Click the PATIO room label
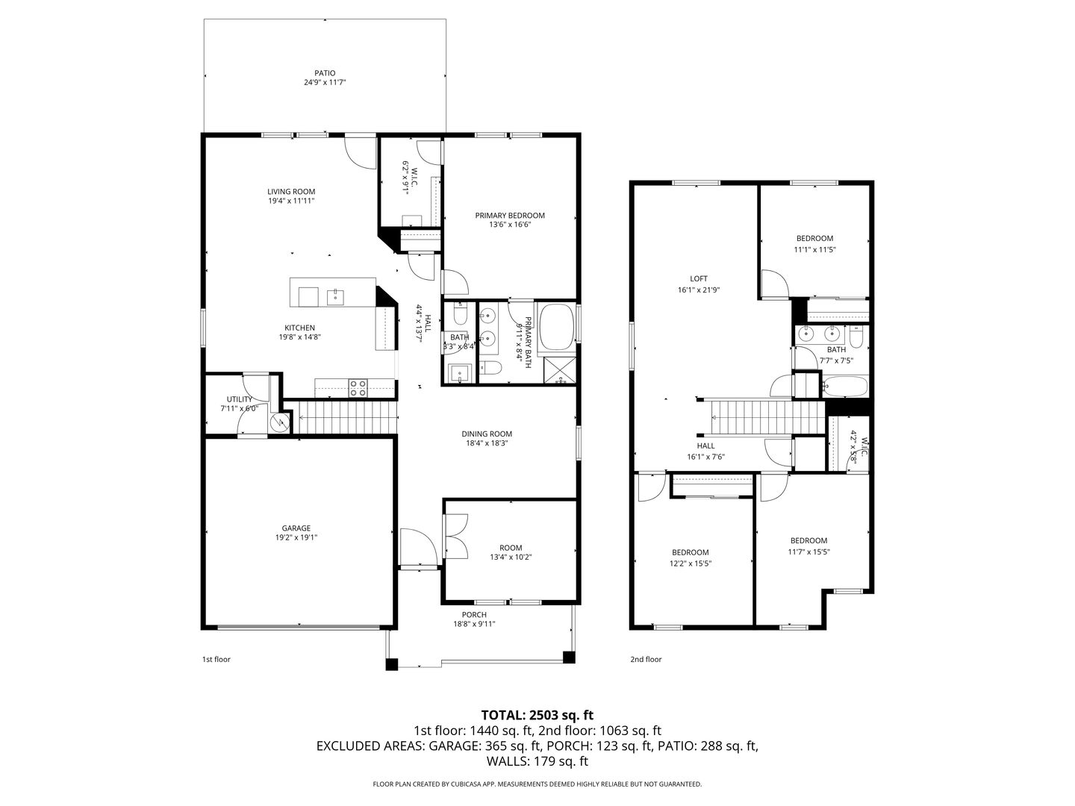(x=325, y=73)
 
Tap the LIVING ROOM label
(x=291, y=192)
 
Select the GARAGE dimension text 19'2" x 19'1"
(x=296, y=537)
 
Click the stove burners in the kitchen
(x=358, y=387)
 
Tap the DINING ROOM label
(x=487, y=434)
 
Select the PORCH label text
(x=474, y=615)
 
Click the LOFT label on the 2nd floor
(x=699, y=279)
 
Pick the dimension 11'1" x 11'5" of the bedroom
(x=814, y=249)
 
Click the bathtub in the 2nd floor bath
(x=845, y=386)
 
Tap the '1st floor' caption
(x=216, y=659)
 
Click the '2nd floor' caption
(x=646, y=659)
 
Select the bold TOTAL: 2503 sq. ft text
(x=537, y=715)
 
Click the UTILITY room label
(x=240, y=399)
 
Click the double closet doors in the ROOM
(x=455, y=536)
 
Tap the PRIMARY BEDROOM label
(x=510, y=216)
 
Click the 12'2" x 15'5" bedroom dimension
(x=690, y=563)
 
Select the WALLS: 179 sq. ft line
(x=537, y=761)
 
